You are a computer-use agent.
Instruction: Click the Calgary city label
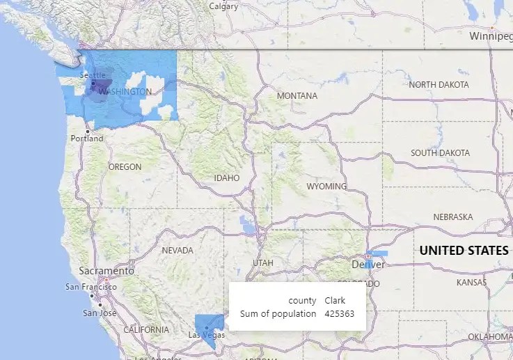tap(223, 6)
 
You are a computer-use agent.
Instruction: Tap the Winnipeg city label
tap(490, 36)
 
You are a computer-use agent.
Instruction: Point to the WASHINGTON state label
tap(126, 92)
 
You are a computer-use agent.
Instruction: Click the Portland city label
tap(87, 139)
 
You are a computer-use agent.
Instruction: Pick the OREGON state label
tap(125, 167)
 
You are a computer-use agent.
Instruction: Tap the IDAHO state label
tap(227, 178)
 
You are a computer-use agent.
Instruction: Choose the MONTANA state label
tap(297, 96)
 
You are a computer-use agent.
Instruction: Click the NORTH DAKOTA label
tap(439, 85)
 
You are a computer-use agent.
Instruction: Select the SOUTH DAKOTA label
tap(440, 153)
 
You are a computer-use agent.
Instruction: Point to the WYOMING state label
tap(326, 187)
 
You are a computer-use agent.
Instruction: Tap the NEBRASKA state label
tap(452, 217)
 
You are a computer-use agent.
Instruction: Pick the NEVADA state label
tap(177, 251)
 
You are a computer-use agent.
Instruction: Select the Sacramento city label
tap(106, 271)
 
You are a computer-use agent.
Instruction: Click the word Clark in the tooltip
tap(335, 301)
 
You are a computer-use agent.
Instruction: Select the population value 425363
tap(340, 314)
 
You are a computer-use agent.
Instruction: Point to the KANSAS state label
tap(472, 283)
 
